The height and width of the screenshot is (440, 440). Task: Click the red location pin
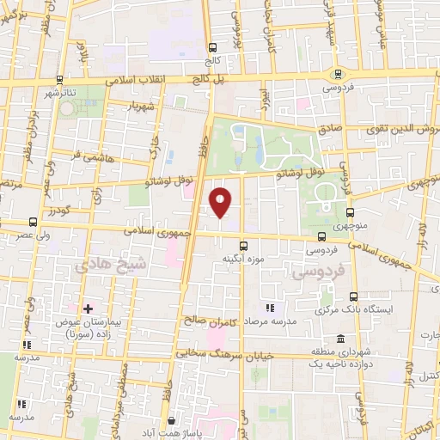pos(222,201)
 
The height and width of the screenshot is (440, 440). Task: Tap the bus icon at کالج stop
pos(212,47)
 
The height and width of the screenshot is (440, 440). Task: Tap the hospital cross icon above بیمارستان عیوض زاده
pos(88,308)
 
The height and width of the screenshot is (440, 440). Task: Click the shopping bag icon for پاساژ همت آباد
pos(173,421)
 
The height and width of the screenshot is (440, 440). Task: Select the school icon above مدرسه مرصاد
pos(270,307)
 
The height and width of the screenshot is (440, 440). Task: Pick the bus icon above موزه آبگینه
pos(243,245)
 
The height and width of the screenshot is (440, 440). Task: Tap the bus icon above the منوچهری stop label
pos(350,212)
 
